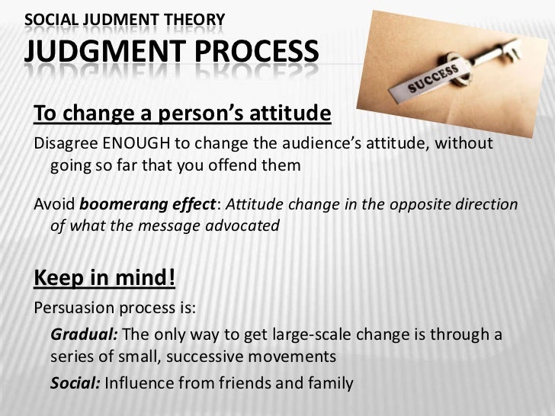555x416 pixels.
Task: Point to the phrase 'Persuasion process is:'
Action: [x=115, y=309]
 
